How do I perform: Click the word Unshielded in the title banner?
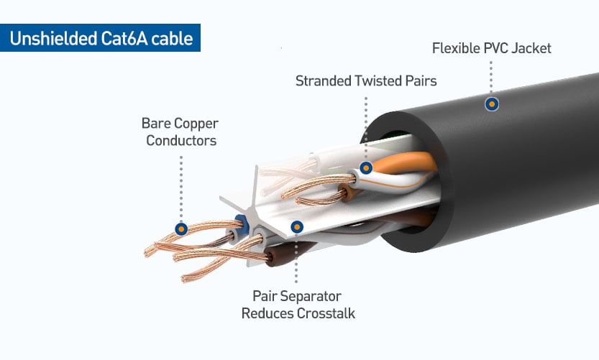tap(53, 38)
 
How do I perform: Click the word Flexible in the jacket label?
tap(456, 48)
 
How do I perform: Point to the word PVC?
tap(495, 48)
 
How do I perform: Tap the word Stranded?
tap(323, 81)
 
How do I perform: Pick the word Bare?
tap(154, 124)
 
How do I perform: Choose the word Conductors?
tap(181, 141)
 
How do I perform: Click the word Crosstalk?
tap(326, 313)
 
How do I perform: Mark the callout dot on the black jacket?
tap(492, 104)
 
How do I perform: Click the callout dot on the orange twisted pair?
tap(366, 167)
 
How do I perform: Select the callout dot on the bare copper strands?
tap(181, 229)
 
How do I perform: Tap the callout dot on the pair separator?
tap(297, 227)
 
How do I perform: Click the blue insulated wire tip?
tap(242, 224)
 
